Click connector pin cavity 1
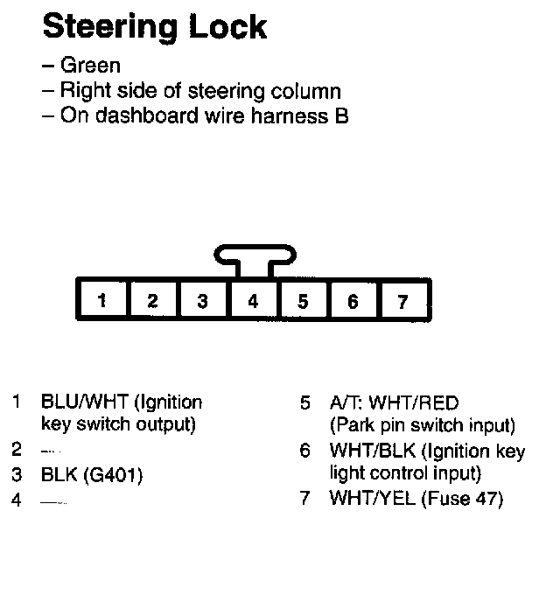click(102, 301)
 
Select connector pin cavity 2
click(152, 301)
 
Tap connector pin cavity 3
click(202, 301)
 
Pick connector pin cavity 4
click(253, 301)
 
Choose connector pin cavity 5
click(303, 301)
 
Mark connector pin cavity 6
click(353, 301)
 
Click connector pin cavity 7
click(402, 301)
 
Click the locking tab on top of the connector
click(254, 256)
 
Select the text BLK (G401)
click(91, 475)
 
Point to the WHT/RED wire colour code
click(414, 403)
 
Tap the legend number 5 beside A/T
click(304, 403)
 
